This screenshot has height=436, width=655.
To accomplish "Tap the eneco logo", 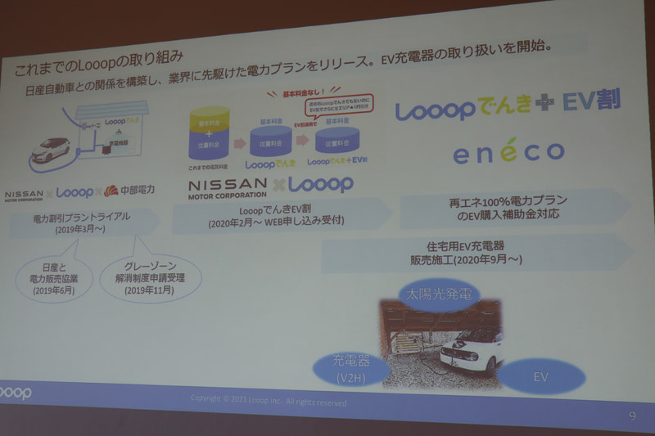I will pos(508,152).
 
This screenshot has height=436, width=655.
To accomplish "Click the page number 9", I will pos(631,416).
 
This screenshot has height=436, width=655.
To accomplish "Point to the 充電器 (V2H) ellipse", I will pos(347,370).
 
